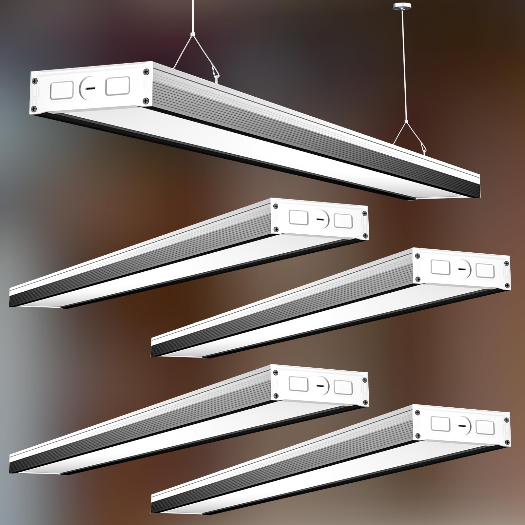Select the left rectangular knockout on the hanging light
click(x=61, y=90)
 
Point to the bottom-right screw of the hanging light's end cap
click(x=146, y=100)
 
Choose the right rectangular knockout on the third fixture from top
click(x=485, y=271)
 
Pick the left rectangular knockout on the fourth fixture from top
click(x=299, y=383)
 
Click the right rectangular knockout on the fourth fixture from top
click(x=343, y=387)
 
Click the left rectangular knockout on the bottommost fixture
click(x=440, y=423)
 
